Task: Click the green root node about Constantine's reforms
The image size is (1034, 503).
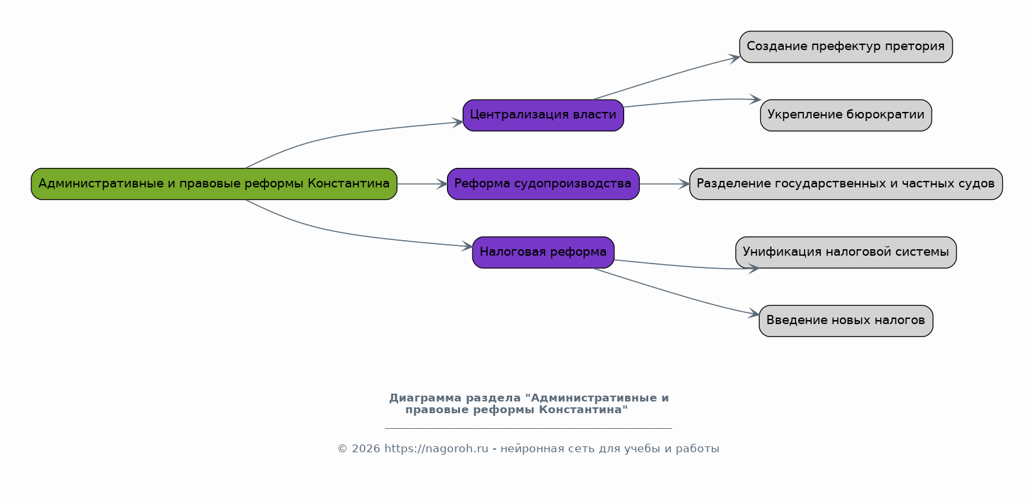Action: coord(214,184)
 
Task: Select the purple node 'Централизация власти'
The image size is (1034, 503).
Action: coord(543,115)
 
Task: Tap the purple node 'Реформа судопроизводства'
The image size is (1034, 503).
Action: coord(543,184)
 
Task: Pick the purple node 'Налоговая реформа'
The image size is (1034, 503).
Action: coord(543,252)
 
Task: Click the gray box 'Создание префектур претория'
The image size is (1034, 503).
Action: coord(846,47)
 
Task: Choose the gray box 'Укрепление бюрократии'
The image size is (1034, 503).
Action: coord(846,115)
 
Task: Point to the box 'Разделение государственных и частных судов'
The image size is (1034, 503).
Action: coord(846,184)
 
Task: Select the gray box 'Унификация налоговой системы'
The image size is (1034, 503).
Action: coord(846,252)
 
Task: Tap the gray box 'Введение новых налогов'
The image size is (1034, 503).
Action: coord(846,321)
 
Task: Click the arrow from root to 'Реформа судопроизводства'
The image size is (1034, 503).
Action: coord(422,184)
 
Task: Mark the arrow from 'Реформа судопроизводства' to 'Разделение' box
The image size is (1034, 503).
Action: coord(665,184)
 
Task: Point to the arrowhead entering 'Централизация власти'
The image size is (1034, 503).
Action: coord(457,122)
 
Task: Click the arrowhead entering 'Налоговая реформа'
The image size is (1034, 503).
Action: coord(467,246)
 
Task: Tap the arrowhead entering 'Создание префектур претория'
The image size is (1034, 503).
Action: coord(734,59)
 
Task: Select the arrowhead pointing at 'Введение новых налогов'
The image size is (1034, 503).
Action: coord(754,314)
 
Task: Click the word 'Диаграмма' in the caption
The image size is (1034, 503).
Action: coord(425,398)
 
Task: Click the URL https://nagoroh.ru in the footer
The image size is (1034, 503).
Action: coord(437,448)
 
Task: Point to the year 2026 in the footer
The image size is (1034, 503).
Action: coord(366,448)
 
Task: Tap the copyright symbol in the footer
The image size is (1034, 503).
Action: coord(342,449)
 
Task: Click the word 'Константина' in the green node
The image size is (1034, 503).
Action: coord(349,184)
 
